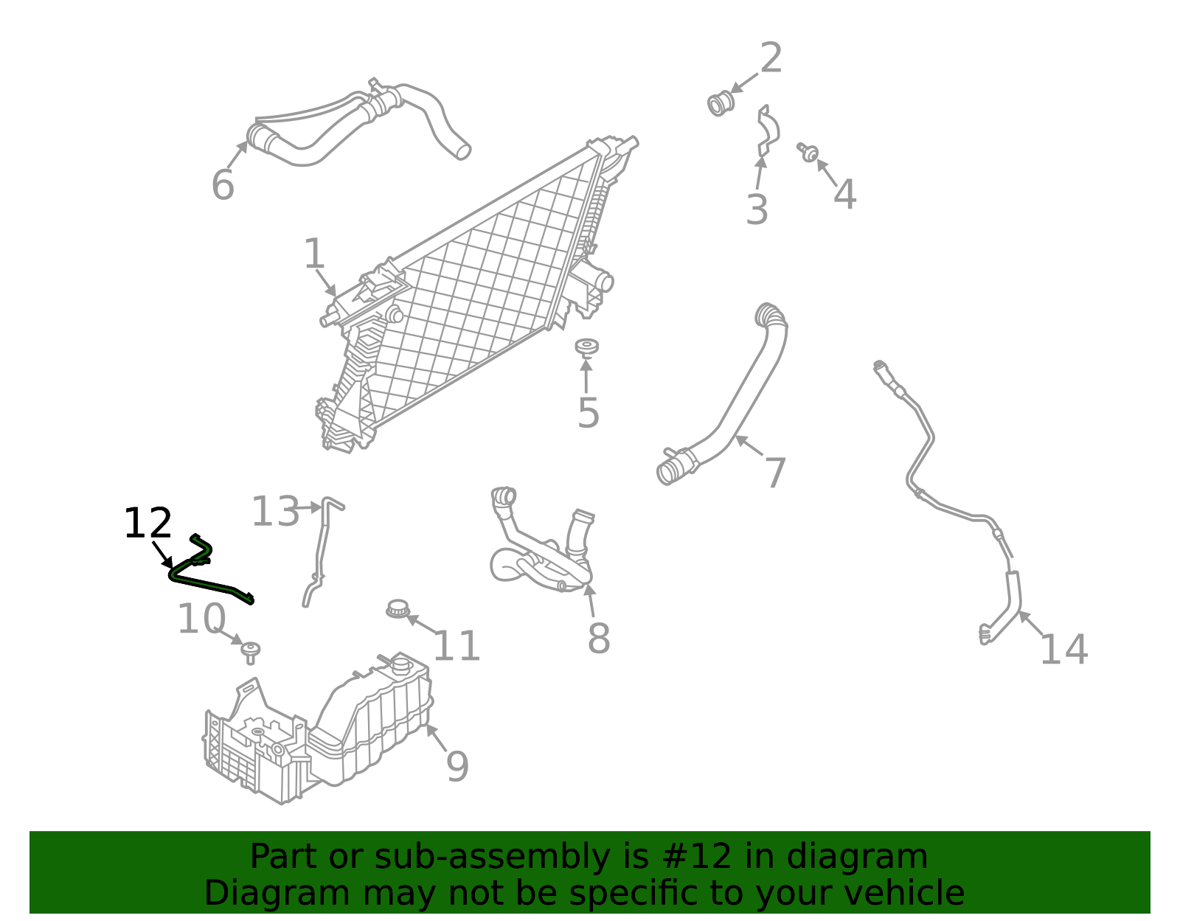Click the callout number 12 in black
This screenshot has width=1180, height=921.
[147, 524]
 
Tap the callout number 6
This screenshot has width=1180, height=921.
[223, 186]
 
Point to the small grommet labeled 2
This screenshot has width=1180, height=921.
[721, 103]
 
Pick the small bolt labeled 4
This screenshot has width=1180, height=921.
[808, 152]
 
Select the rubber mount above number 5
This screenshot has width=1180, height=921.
[586, 347]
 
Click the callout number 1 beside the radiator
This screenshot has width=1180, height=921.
[314, 254]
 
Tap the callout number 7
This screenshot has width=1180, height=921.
[775, 473]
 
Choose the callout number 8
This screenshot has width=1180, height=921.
[599, 639]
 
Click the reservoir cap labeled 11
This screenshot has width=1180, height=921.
[398, 609]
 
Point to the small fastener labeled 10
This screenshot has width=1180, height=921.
[250, 653]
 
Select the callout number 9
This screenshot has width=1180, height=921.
[457, 766]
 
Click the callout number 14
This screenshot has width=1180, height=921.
[1063, 649]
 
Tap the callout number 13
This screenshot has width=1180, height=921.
[275, 511]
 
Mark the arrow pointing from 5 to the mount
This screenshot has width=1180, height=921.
[586, 375]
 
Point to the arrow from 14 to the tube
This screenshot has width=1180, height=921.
[1031, 623]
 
